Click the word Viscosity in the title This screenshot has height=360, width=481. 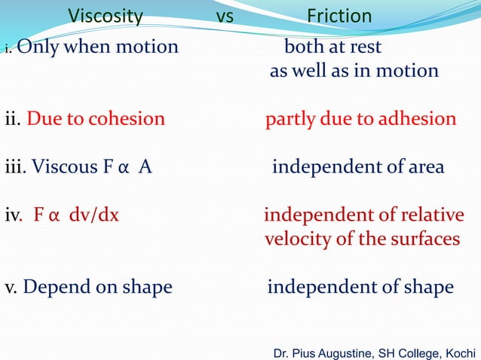click(x=106, y=16)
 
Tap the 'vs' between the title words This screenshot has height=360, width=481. click(x=225, y=16)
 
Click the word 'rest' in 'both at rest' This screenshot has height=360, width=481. click(x=364, y=47)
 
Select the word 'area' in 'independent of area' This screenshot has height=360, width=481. click(x=424, y=167)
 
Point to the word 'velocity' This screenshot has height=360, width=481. click(x=296, y=239)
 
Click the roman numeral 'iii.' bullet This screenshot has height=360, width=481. click(x=16, y=167)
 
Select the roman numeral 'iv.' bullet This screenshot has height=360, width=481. click(x=14, y=215)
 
